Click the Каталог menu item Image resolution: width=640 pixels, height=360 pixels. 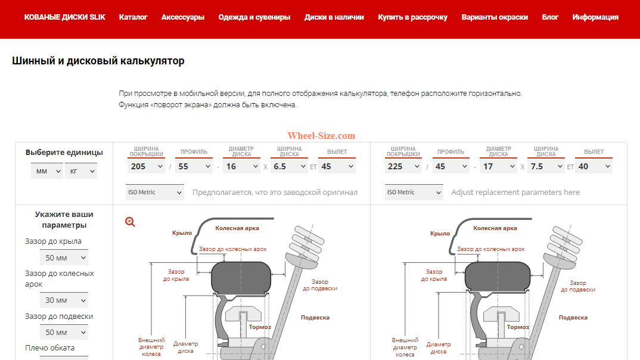tap(133, 17)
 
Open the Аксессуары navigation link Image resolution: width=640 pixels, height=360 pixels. tap(182, 17)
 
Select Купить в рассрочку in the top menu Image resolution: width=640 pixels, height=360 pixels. tap(412, 17)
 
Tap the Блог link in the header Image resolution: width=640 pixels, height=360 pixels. tap(550, 17)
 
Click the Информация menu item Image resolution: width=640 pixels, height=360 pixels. tap(595, 17)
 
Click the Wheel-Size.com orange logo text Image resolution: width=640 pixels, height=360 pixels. tap(321, 136)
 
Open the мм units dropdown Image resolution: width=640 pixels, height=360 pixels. tap(47, 171)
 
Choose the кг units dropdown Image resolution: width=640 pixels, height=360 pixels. tap(80, 171)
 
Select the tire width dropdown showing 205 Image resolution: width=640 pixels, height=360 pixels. tap(145, 166)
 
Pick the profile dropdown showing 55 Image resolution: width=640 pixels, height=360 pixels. tap(193, 166)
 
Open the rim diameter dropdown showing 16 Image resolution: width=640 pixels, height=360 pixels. tap(241, 166)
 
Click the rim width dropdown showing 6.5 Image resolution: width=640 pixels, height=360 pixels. tap(288, 166)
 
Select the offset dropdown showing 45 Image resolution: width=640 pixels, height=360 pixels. tap(337, 166)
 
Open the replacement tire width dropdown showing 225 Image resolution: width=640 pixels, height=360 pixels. tap(403, 166)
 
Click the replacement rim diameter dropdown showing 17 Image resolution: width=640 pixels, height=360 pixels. tap(498, 166)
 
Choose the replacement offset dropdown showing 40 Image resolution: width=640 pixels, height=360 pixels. tap(594, 166)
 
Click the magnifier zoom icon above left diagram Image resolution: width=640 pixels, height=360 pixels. tap(130, 222)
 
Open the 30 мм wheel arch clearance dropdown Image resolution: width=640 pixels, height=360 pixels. tap(64, 300)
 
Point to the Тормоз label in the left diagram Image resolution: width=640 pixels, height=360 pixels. tap(260, 327)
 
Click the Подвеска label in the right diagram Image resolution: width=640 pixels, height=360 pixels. tap(573, 318)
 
